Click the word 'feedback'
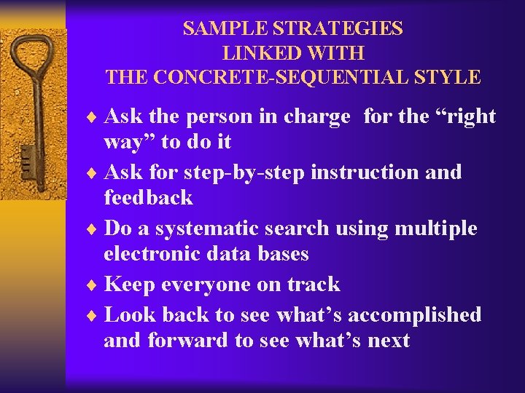[148, 197]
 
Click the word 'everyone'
[211, 285]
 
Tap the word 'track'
[312, 285]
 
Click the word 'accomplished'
[414, 315]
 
